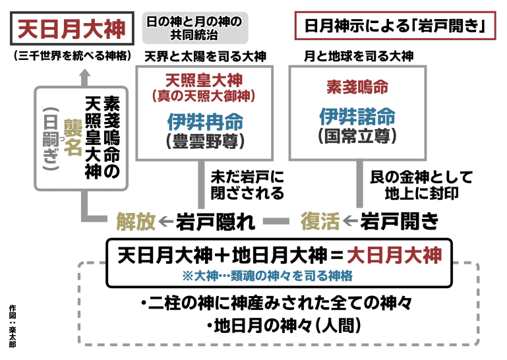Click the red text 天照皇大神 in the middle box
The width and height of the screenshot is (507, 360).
tap(204, 80)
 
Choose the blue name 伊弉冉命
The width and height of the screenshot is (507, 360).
tap(204, 122)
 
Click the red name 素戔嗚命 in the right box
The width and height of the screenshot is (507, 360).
tap(357, 87)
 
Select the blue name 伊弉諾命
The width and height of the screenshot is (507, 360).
tap(357, 117)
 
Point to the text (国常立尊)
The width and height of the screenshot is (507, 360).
tap(357, 136)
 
